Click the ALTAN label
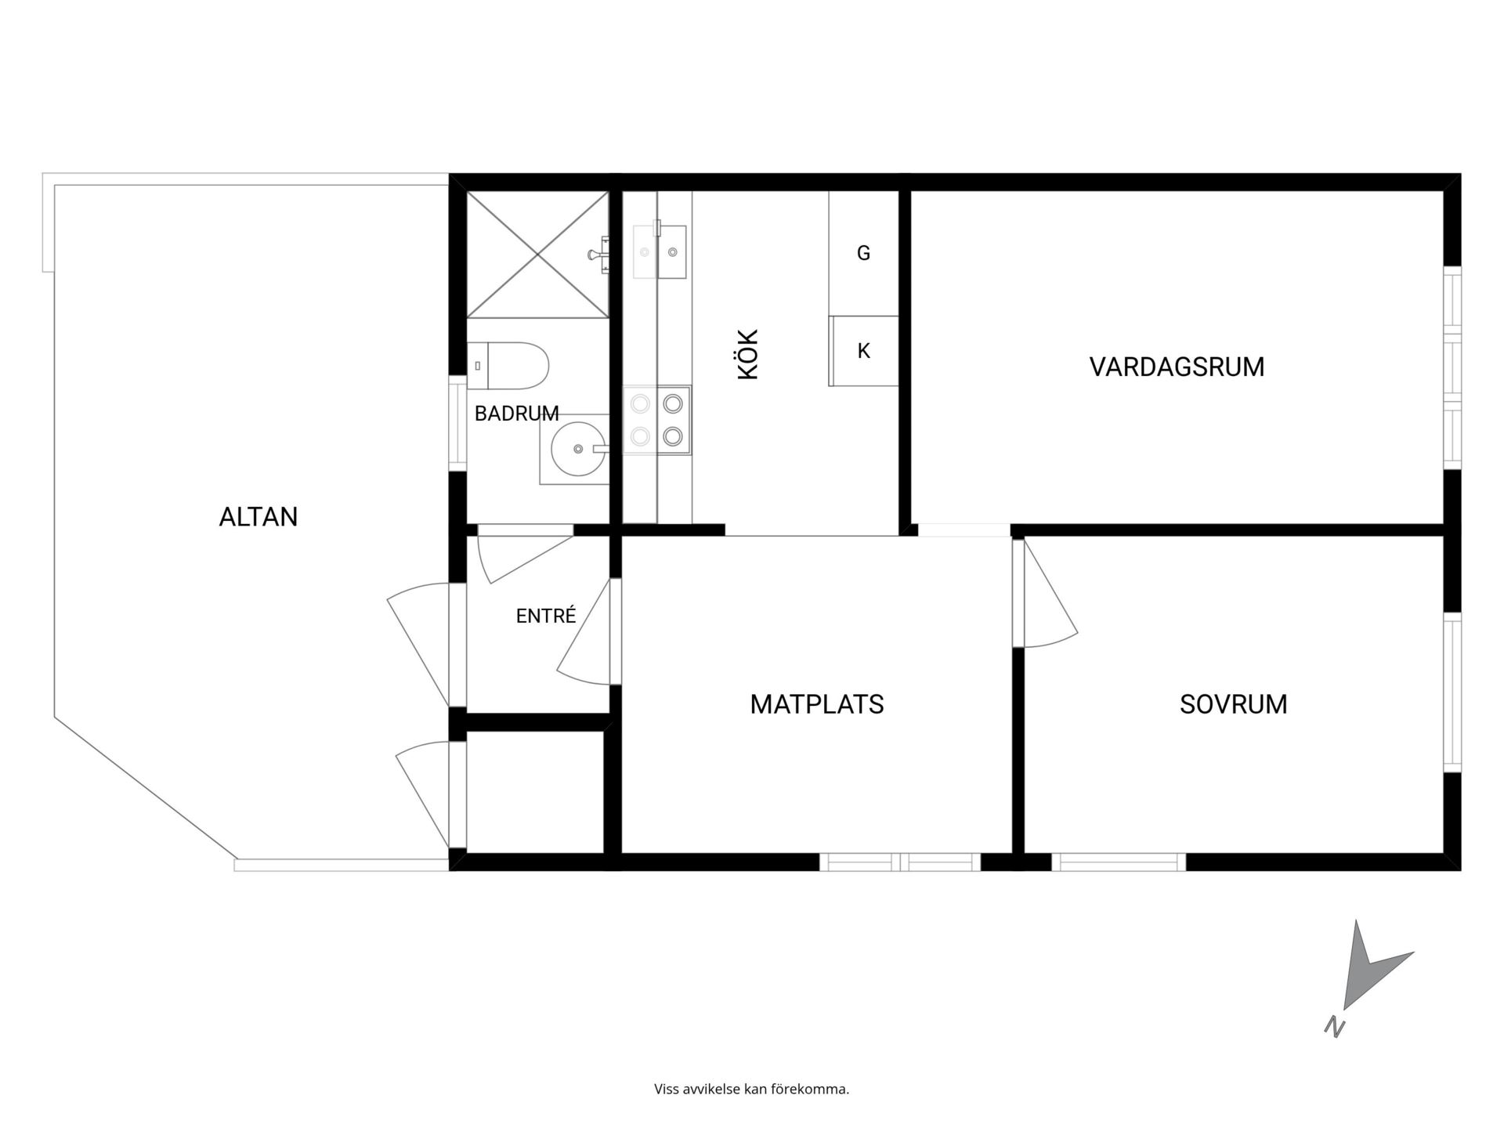point(258,517)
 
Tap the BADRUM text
point(516,414)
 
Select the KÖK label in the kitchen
point(749,355)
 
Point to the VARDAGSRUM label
point(1177,367)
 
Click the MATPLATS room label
point(817,704)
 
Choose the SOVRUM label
point(1234,704)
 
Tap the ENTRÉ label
point(546,616)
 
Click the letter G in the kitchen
point(864,253)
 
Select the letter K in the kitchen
point(864,351)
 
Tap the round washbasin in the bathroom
point(578,449)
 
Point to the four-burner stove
point(657,420)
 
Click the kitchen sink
point(660,251)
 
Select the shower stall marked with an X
point(537,255)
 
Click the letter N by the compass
point(1335,1026)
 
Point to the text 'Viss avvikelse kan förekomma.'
point(752,1089)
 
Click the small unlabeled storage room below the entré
point(535,791)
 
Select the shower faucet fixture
point(598,254)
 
